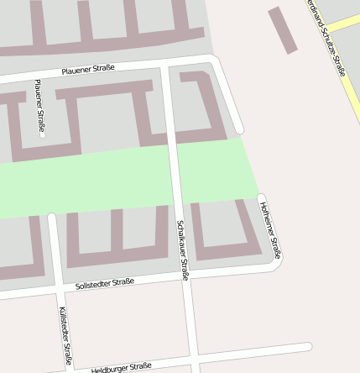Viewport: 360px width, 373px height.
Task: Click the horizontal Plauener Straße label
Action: coord(87,70)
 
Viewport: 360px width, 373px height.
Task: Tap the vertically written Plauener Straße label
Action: coord(39,108)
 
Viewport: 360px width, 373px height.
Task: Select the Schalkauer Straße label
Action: coord(182,250)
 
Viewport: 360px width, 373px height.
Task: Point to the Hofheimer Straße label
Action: coord(271,230)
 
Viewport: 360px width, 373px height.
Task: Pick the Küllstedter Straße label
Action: coord(66,334)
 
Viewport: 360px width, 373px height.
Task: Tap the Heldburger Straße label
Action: coord(122,367)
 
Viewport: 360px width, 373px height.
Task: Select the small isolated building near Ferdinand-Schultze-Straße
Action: coord(283,29)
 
